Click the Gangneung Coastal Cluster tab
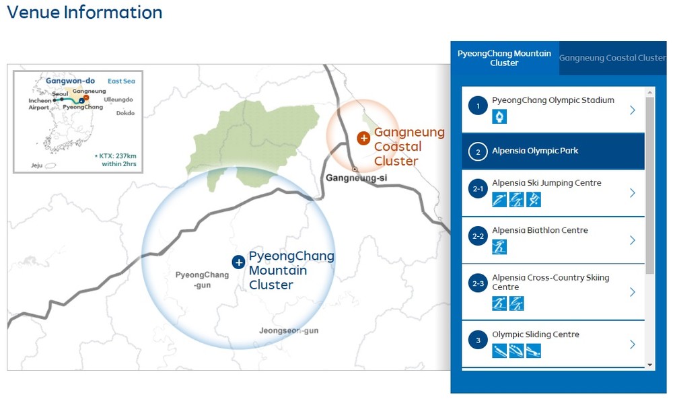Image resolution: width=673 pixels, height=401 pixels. tap(612, 58)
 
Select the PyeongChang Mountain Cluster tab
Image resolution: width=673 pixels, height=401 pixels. tap(504, 58)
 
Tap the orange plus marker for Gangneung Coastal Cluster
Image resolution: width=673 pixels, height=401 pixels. tap(363, 138)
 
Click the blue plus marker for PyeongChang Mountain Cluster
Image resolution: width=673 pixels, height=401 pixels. tap(238, 262)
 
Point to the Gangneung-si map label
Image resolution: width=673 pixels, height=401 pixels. tap(356, 178)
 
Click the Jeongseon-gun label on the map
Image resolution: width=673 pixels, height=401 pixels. tap(289, 330)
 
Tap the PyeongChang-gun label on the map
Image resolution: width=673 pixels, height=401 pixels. tap(202, 279)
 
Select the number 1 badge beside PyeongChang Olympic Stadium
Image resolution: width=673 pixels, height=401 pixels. tap(478, 106)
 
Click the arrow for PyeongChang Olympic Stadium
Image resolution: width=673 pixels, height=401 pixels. tap(632, 110)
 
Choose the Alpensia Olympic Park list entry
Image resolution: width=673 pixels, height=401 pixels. tap(553, 151)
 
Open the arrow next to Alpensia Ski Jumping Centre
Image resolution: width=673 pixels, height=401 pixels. tap(632, 193)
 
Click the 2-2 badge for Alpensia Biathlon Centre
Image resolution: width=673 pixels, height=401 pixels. tap(478, 236)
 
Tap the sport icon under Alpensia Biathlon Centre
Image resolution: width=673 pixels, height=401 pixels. tap(499, 247)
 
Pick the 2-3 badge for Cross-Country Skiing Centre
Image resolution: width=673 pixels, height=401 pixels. tap(478, 283)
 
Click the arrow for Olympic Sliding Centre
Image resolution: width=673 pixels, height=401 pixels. tap(632, 344)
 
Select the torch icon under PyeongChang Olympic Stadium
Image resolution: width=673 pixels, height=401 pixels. tap(499, 116)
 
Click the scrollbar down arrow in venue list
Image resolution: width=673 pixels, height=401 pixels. tap(650, 365)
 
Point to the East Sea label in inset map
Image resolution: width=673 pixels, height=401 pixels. tap(121, 81)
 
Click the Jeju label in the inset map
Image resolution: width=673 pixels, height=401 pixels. tap(36, 165)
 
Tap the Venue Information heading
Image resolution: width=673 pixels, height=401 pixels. tap(85, 12)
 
